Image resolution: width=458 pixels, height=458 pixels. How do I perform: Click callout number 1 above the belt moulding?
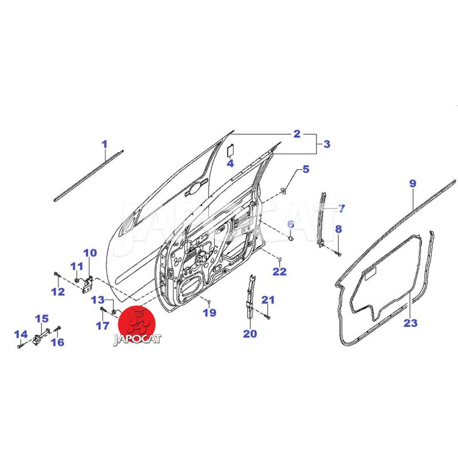click(x=104, y=144)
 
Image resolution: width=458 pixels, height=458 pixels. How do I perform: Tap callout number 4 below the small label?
click(x=230, y=164)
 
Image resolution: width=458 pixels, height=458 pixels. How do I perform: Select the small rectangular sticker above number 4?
click(x=231, y=150)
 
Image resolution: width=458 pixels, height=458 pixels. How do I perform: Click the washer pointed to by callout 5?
click(x=283, y=191)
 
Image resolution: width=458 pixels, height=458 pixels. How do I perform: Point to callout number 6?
click(x=291, y=224)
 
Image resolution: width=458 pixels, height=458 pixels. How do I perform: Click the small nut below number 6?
click(x=291, y=239)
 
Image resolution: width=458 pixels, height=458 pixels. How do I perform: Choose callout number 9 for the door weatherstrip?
click(x=412, y=184)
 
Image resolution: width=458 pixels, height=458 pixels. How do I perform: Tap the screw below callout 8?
click(x=338, y=254)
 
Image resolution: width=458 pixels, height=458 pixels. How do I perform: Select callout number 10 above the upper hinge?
click(x=90, y=253)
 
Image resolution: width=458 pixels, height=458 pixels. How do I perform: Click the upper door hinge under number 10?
click(x=88, y=284)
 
